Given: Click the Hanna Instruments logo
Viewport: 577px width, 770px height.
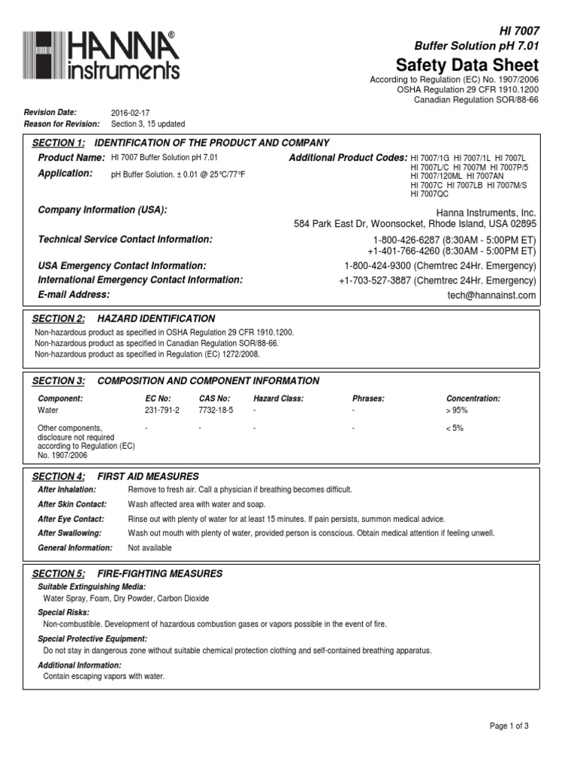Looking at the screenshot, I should (x=101, y=56).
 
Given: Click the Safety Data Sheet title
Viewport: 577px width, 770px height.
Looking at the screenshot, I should (x=467, y=65).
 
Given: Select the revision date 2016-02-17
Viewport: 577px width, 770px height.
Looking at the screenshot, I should (x=130, y=112).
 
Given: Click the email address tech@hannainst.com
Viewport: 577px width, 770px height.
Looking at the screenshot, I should (x=492, y=296).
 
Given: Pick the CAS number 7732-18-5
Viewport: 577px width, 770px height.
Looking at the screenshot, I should (x=216, y=411).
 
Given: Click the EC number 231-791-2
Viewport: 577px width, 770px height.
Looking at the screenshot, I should (x=162, y=411).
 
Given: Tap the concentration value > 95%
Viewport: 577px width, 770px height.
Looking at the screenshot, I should (x=457, y=411).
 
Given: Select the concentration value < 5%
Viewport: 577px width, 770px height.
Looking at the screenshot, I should (x=455, y=428).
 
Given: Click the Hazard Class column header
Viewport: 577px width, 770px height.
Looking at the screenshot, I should (x=278, y=399).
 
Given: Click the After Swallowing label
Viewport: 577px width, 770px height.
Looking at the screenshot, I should (x=71, y=533).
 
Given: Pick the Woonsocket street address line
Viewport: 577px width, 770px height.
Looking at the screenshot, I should (x=415, y=224).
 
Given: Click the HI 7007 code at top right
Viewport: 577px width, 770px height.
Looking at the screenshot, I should (x=519, y=31).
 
